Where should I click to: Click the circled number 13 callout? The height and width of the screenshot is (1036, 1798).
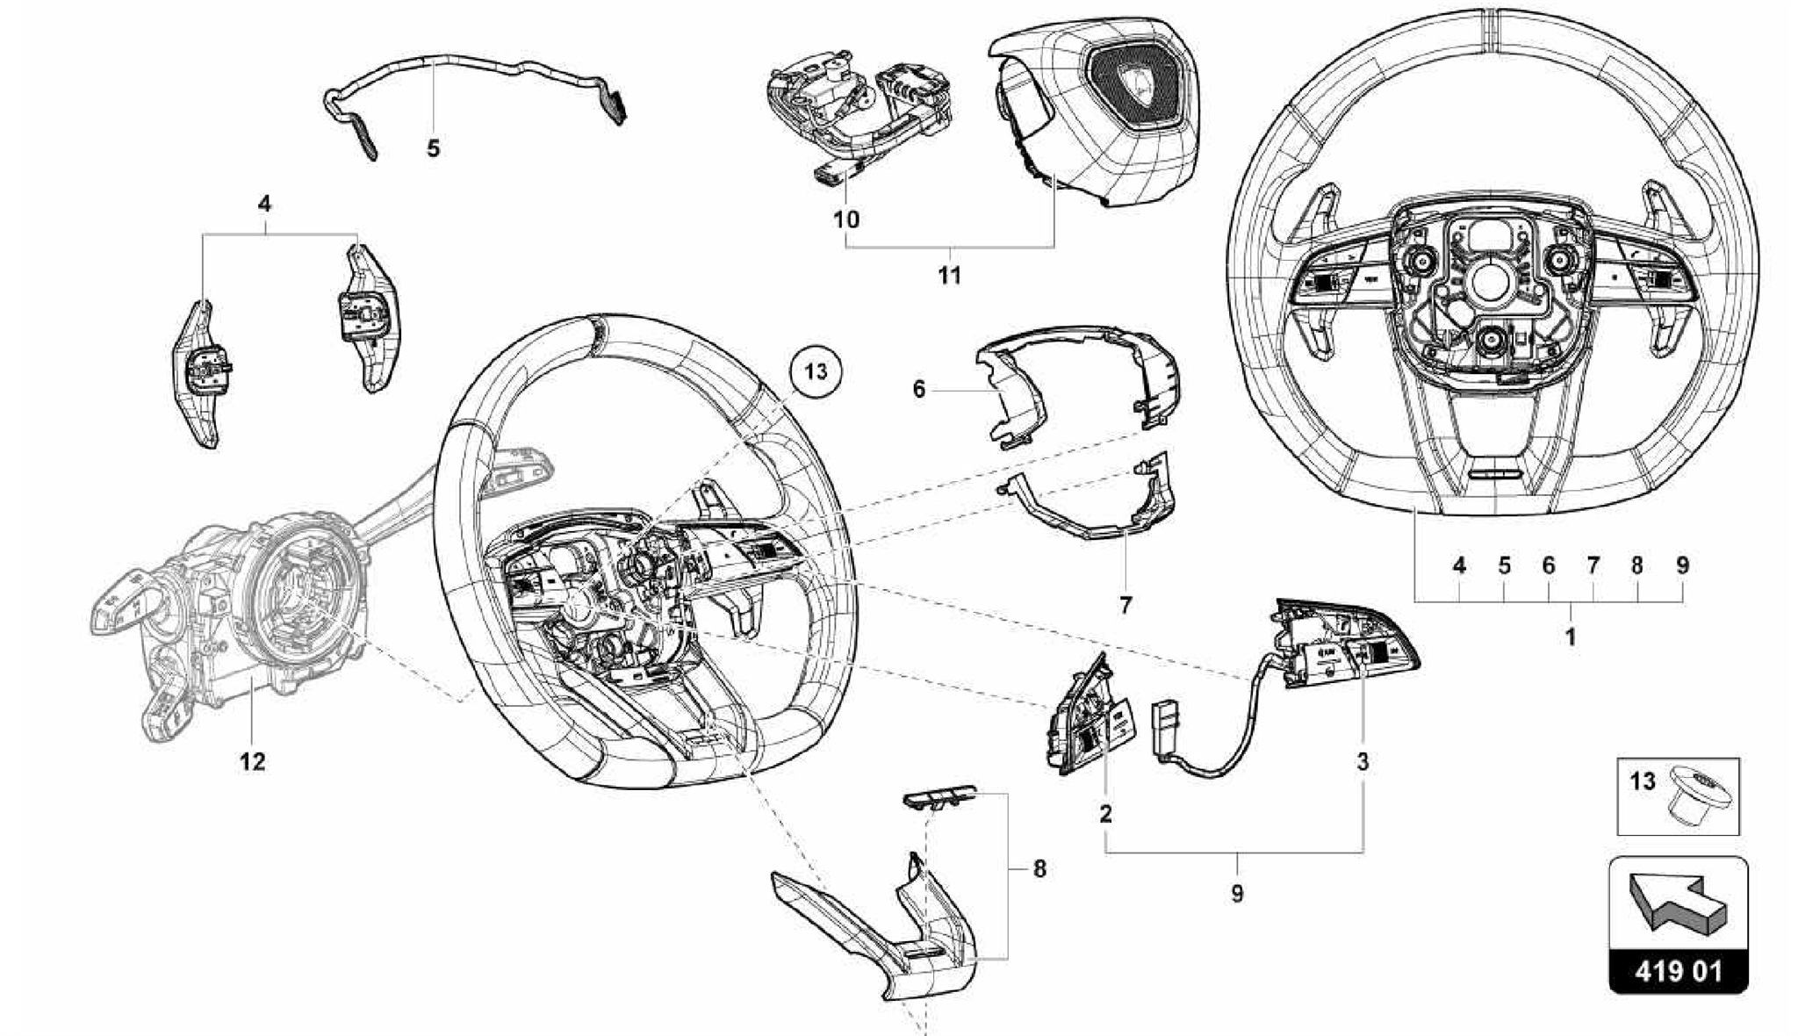816,371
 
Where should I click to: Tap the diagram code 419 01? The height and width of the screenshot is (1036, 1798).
1678,971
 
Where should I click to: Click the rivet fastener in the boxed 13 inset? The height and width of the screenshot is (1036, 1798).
1698,795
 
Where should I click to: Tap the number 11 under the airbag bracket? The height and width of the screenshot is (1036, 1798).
949,276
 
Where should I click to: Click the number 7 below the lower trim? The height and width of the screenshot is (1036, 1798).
1126,604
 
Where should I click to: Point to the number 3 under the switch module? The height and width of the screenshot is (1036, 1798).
1362,761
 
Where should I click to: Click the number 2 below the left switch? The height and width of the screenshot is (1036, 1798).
1105,813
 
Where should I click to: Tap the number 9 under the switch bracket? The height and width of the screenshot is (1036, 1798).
1236,894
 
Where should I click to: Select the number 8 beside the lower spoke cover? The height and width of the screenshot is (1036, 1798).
1039,869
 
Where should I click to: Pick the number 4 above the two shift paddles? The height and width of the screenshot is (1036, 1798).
264,204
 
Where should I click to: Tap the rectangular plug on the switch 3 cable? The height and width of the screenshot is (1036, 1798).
1164,727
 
